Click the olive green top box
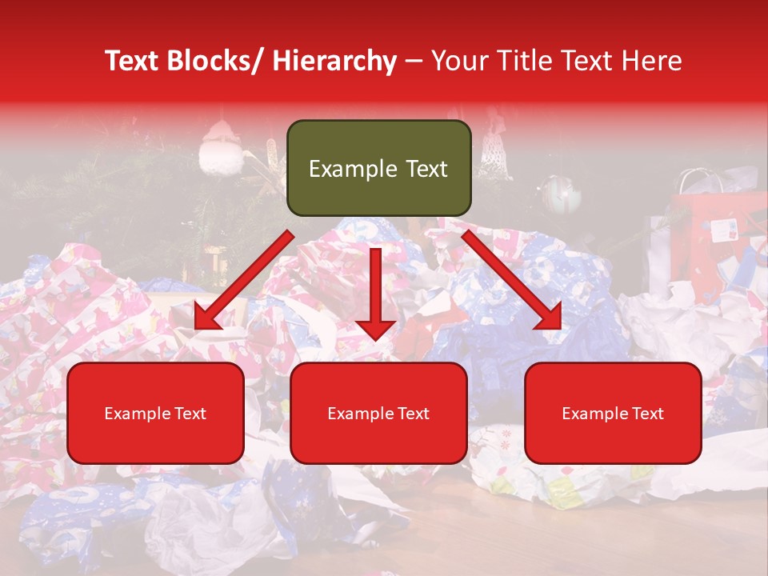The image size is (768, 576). pyautogui.click(x=378, y=168)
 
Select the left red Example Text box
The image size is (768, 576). pyautogui.click(x=155, y=413)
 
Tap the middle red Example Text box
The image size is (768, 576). pyautogui.click(x=378, y=413)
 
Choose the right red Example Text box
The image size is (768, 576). pyautogui.click(x=613, y=413)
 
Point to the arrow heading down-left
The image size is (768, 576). pyautogui.click(x=240, y=284)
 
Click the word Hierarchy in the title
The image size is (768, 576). pyautogui.click(x=334, y=61)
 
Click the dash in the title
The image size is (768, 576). pyautogui.click(x=414, y=61)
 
